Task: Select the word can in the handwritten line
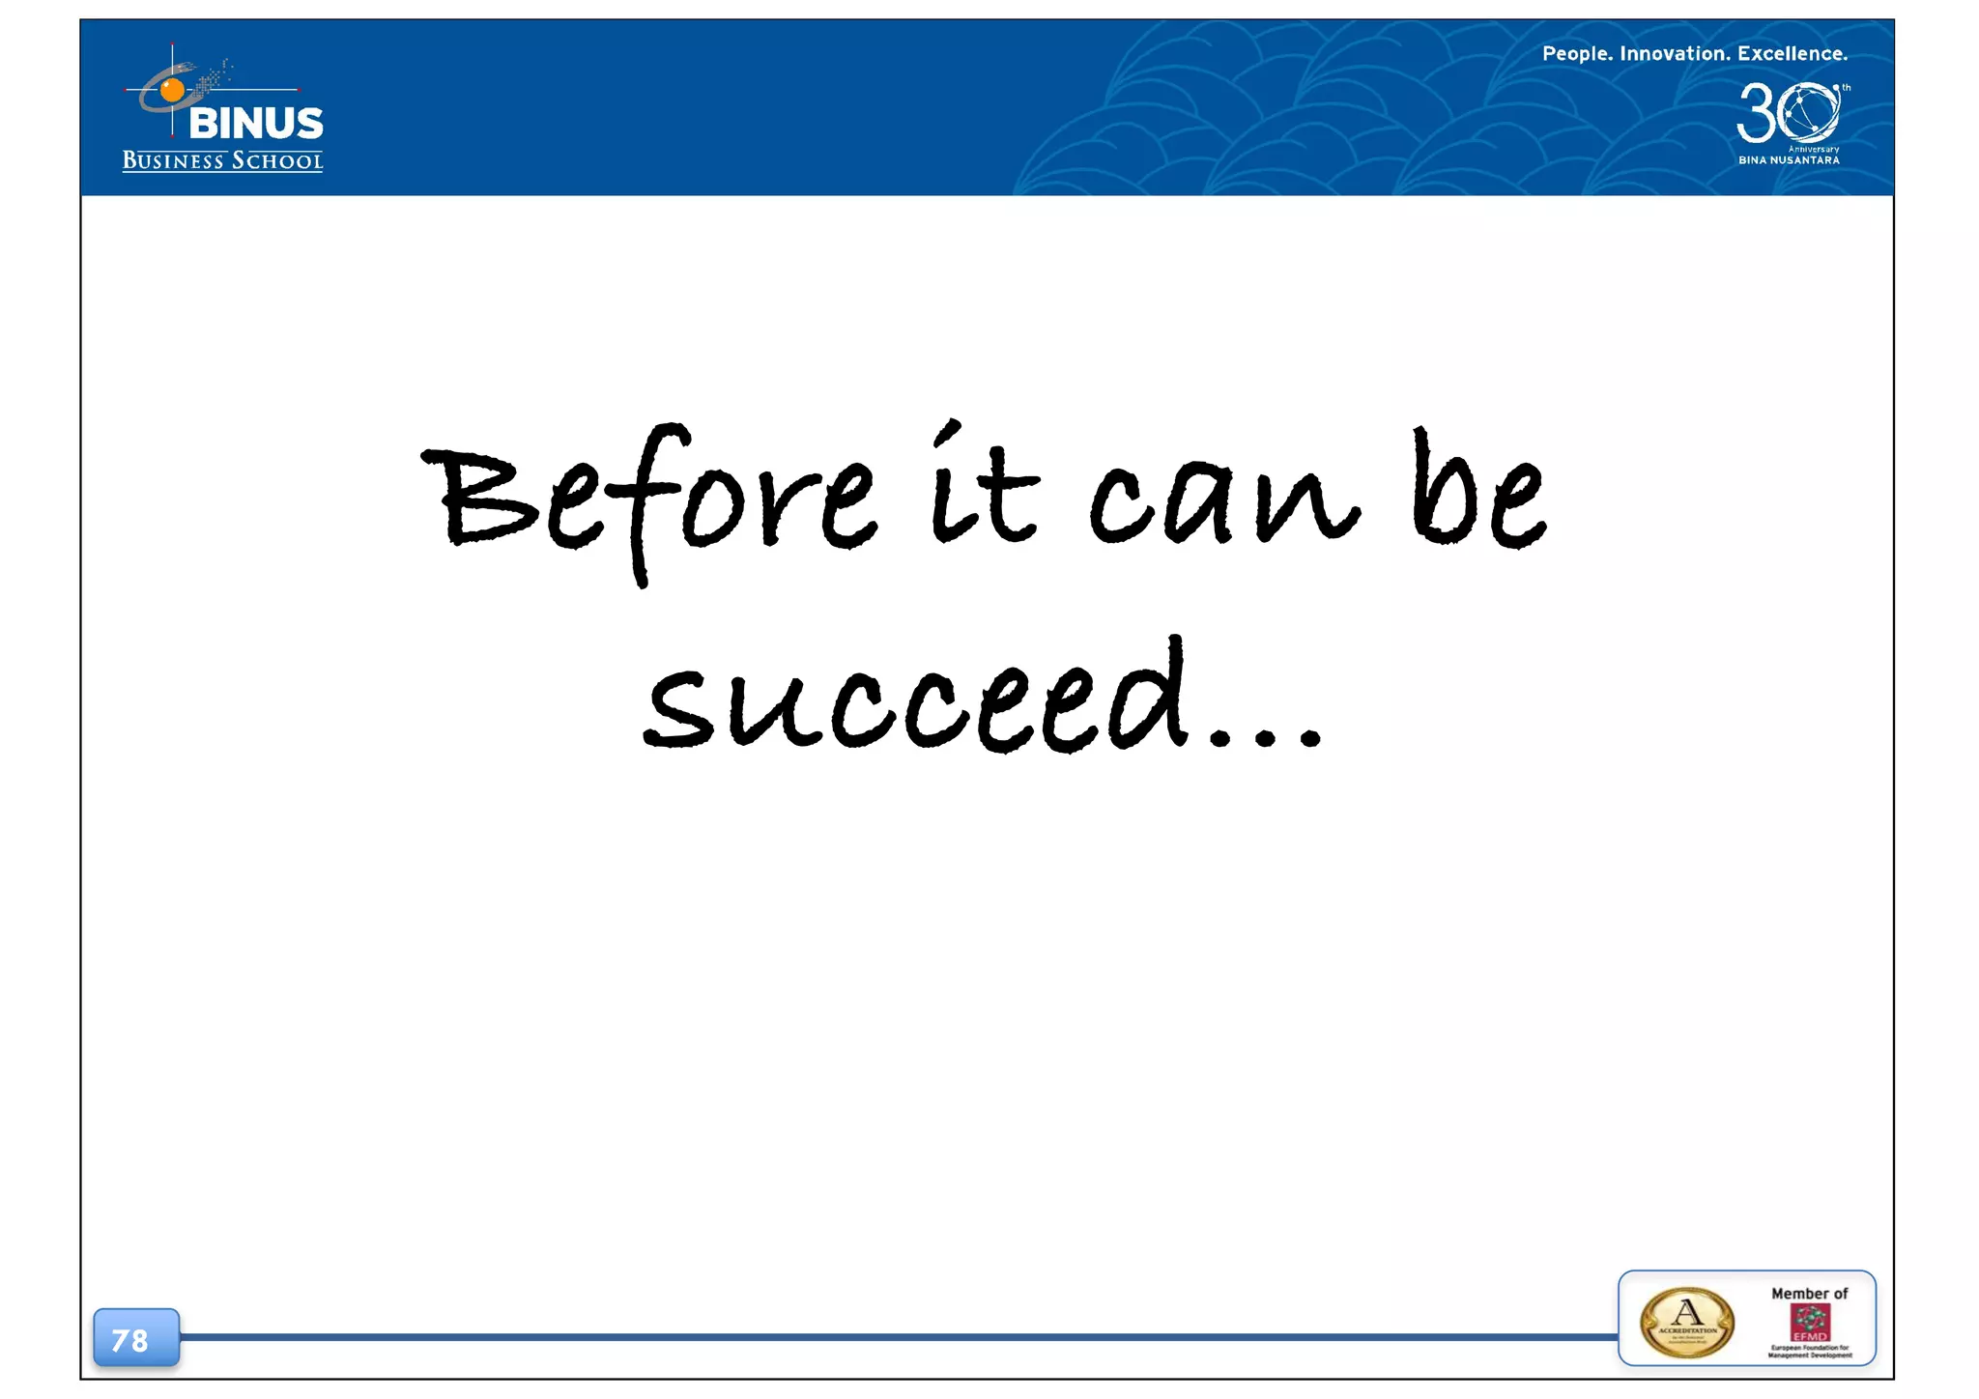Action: coord(1223,502)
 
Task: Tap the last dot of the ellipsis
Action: coord(1309,739)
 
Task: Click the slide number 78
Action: coord(130,1340)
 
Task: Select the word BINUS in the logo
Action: coord(256,124)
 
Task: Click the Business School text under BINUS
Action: coord(222,160)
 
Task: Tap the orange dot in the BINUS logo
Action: coord(172,90)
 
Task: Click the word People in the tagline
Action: coord(1576,54)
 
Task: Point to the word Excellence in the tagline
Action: coord(1793,54)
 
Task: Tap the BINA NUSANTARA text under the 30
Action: coord(1789,160)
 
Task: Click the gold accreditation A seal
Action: coord(1687,1322)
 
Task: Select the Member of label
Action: coord(1809,1294)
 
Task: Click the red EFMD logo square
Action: coord(1810,1322)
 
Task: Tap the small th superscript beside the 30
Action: coord(1846,88)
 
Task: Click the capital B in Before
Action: coord(478,498)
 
